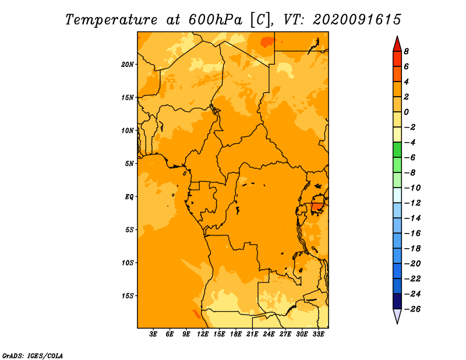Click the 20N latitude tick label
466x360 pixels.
tap(128, 65)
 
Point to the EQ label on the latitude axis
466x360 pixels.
tap(129, 197)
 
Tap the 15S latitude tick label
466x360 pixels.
tap(128, 296)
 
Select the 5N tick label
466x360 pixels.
tap(129, 164)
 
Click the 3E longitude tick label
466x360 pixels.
tap(153, 334)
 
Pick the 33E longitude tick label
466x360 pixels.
tap(318, 334)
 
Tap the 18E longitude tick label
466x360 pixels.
tap(236, 334)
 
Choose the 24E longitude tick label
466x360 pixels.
tap(269, 334)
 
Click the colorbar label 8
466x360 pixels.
tap(406, 51)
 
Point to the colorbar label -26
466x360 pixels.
tap(412, 309)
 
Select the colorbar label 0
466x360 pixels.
tap(406, 112)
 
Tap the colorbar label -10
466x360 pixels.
tap(412, 188)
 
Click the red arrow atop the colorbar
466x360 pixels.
tap(397, 44)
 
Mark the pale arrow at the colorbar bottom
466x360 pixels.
tap(397, 316)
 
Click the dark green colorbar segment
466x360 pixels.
tap(397, 150)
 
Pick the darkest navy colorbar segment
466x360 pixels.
tap(397, 301)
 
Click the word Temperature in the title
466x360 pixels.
tap(111, 20)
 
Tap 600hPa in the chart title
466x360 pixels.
tap(216, 20)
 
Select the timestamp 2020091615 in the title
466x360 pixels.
tap(357, 20)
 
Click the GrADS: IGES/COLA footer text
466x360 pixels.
tap(33, 356)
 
